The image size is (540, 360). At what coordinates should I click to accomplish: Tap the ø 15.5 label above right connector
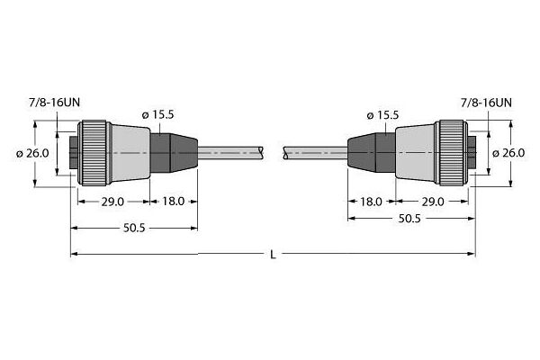point(383,115)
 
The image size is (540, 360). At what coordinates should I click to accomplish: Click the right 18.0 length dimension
point(368,202)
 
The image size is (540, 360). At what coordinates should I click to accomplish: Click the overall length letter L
point(274,256)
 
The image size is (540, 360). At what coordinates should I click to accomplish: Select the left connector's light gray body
point(126,153)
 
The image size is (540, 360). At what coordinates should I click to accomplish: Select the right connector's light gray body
point(414,153)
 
